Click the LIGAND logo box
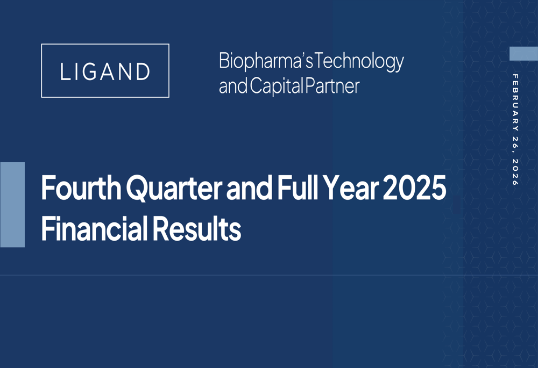105,70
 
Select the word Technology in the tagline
359,62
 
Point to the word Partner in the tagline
332,86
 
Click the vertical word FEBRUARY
515,103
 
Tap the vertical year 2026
515,172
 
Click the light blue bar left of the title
12,205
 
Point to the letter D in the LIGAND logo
143,71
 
